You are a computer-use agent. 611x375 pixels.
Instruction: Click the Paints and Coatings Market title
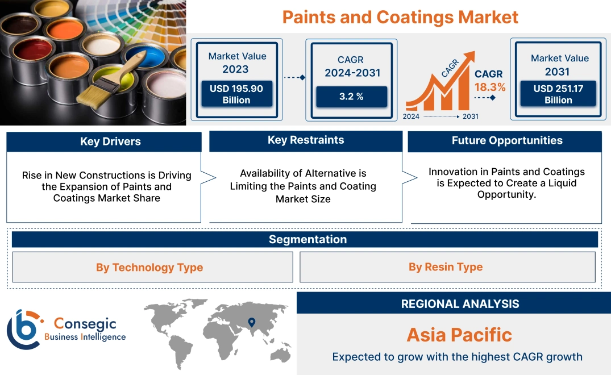(x=400, y=16)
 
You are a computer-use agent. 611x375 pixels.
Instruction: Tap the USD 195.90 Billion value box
(x=236, y=94)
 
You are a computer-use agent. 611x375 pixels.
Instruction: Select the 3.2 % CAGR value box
(x=351, y=96)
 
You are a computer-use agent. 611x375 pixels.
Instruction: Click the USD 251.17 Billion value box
(x=558, y=94)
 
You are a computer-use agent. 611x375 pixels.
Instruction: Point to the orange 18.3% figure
(x=489, y=87)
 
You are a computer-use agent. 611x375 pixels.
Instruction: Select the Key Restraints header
(x=306, y=140)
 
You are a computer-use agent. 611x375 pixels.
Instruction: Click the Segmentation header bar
(x=307, y=239)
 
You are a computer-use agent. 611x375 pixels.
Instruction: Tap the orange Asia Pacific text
(x=459, y=335)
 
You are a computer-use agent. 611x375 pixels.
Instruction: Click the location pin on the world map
(x=252, y=323)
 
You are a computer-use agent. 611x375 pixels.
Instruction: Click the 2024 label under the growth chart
(x=412, y=116)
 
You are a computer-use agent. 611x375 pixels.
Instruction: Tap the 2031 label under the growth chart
(x=470, y=116)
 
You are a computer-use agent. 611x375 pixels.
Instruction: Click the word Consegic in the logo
(x=85, y=324)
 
